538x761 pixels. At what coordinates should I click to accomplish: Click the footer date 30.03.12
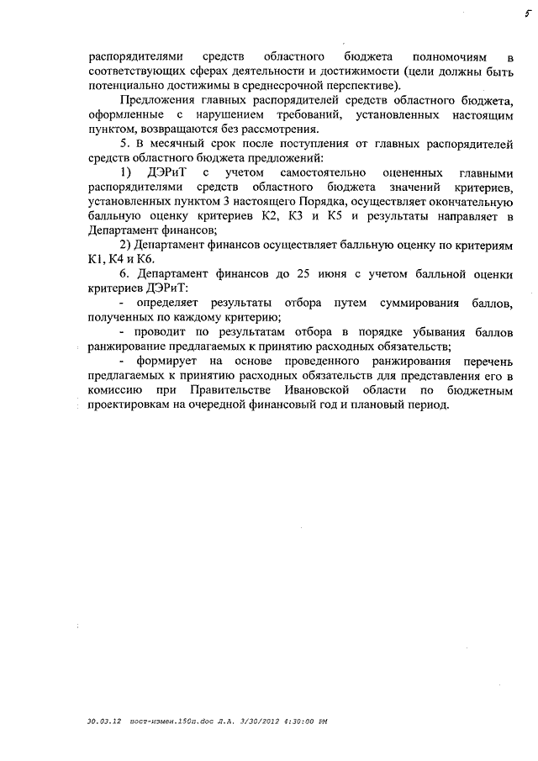[x=104, y=721]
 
